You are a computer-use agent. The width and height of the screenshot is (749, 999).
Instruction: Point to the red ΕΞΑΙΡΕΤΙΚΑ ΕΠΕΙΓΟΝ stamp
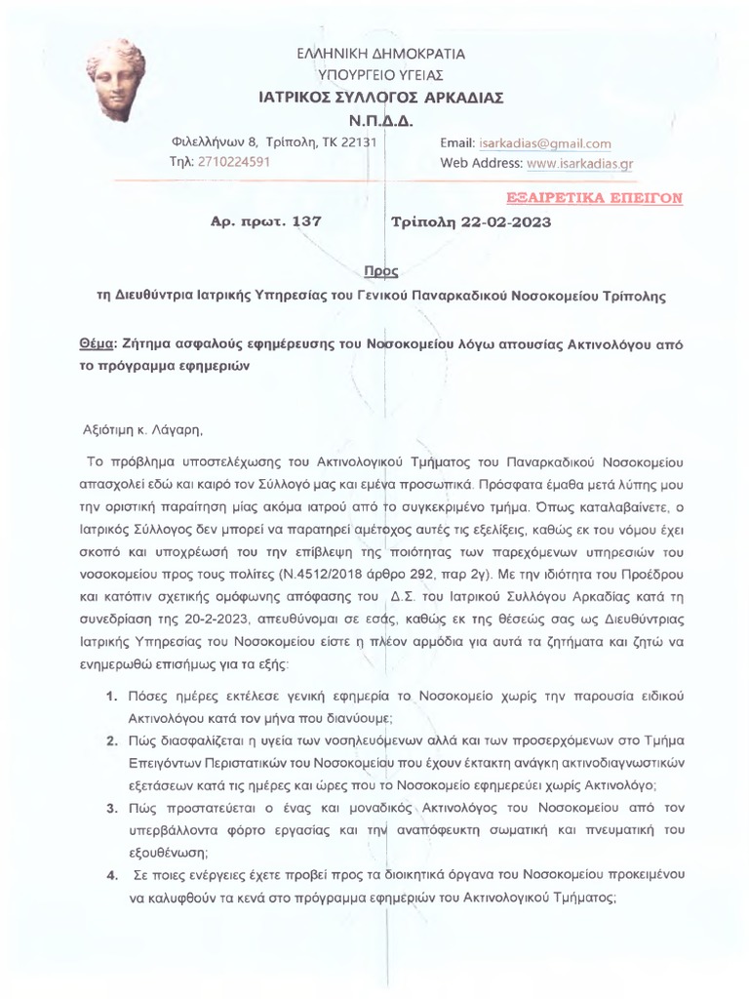[597, 197]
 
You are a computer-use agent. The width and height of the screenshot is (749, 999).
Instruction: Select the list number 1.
[112, 696]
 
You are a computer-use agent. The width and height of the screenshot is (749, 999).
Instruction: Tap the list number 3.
[112, 809]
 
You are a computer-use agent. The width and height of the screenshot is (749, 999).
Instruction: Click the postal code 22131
[356, 143]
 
